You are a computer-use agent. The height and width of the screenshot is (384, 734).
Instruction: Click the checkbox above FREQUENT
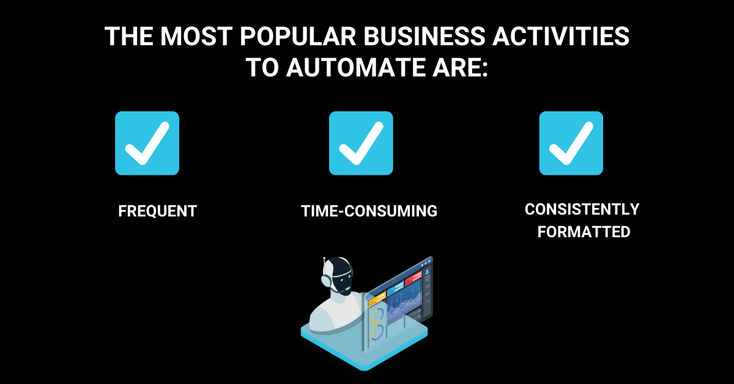click(147, 143)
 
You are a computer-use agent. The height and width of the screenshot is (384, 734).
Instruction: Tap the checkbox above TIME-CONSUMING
click(361, 143)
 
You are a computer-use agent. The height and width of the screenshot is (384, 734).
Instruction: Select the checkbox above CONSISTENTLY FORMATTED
click(571, 143)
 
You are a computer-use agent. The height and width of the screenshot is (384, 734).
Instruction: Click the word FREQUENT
click(158, 211)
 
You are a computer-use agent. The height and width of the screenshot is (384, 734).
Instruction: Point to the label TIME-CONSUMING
click(369, 211)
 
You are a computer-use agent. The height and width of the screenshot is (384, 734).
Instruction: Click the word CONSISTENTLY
click(582, 209)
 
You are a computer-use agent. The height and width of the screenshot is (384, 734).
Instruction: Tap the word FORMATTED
click(584, 232)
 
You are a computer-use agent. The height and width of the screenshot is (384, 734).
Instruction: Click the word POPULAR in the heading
click(298, 36)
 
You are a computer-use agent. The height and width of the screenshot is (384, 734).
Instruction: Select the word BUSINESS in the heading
click(424, 36)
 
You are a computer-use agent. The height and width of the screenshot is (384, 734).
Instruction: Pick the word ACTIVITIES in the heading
click(561, 36)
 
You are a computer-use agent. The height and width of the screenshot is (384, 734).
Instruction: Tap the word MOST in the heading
click(196, 36)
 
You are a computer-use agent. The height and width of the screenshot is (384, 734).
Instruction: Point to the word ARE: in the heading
click(461, 67)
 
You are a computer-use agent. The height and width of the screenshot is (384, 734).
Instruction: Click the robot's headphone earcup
click(327, 281)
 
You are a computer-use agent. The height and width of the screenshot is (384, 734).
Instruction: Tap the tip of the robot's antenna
click(324, 259)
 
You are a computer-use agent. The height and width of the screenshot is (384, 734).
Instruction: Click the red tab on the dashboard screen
click(413, 280)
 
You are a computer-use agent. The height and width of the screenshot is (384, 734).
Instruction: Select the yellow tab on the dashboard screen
click(377, 299)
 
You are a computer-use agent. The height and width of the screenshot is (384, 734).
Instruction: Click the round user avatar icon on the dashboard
click(427, 271)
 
